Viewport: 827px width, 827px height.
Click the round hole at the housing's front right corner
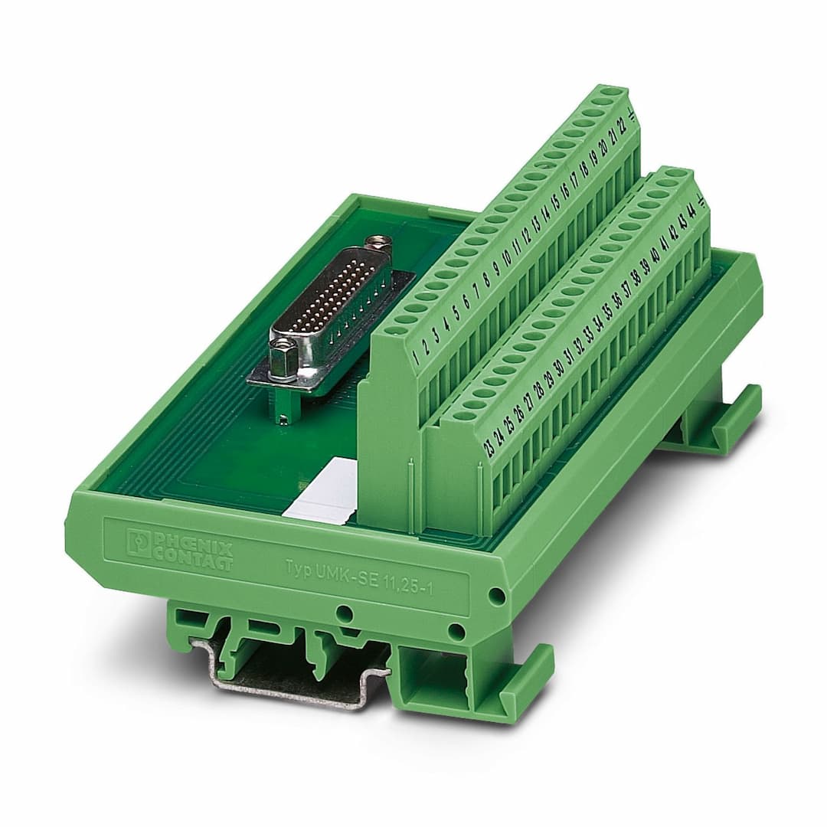coord(496,596)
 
